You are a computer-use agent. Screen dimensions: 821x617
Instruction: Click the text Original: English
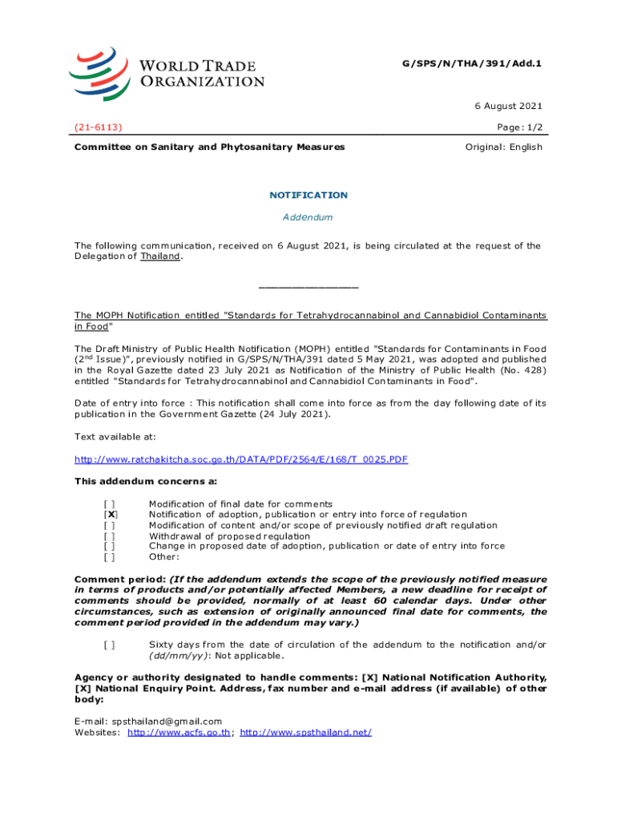point(503,147)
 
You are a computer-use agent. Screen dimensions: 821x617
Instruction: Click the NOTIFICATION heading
point(308,195)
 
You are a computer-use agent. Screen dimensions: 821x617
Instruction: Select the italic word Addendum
point(308,217)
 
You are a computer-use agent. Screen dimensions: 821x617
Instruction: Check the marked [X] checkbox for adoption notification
point(111,515)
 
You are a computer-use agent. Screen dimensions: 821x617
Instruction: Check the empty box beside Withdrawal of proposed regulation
point(110,536)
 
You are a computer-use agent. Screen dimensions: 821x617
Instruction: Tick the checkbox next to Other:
point(110,556)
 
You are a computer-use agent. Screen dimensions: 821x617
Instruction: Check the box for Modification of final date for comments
point(110,504)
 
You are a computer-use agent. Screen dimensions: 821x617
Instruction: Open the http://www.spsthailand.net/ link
point(305,732)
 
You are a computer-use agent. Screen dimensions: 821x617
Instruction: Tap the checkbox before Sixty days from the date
point(110,645)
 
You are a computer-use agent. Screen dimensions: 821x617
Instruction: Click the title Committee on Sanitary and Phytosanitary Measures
point(210,147)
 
